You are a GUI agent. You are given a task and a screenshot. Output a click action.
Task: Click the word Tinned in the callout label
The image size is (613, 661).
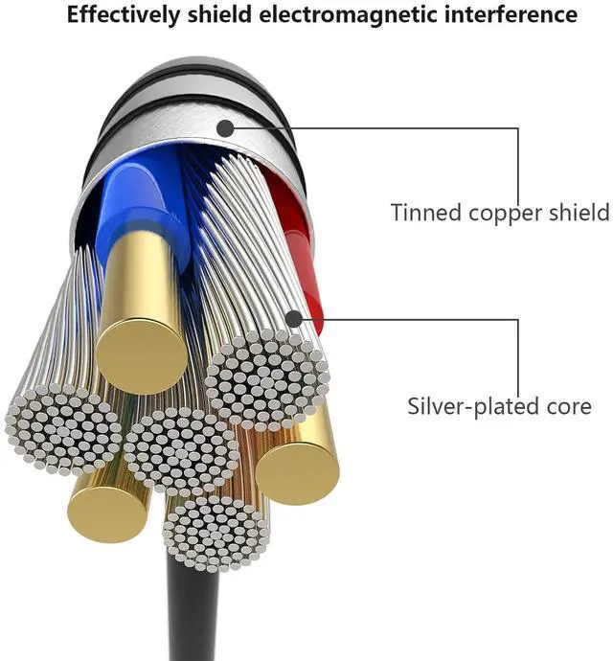pyautogui.click(x=424, y=212)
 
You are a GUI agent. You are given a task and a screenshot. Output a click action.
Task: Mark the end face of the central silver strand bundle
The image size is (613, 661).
pyautogui.click(x=182, y=450)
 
